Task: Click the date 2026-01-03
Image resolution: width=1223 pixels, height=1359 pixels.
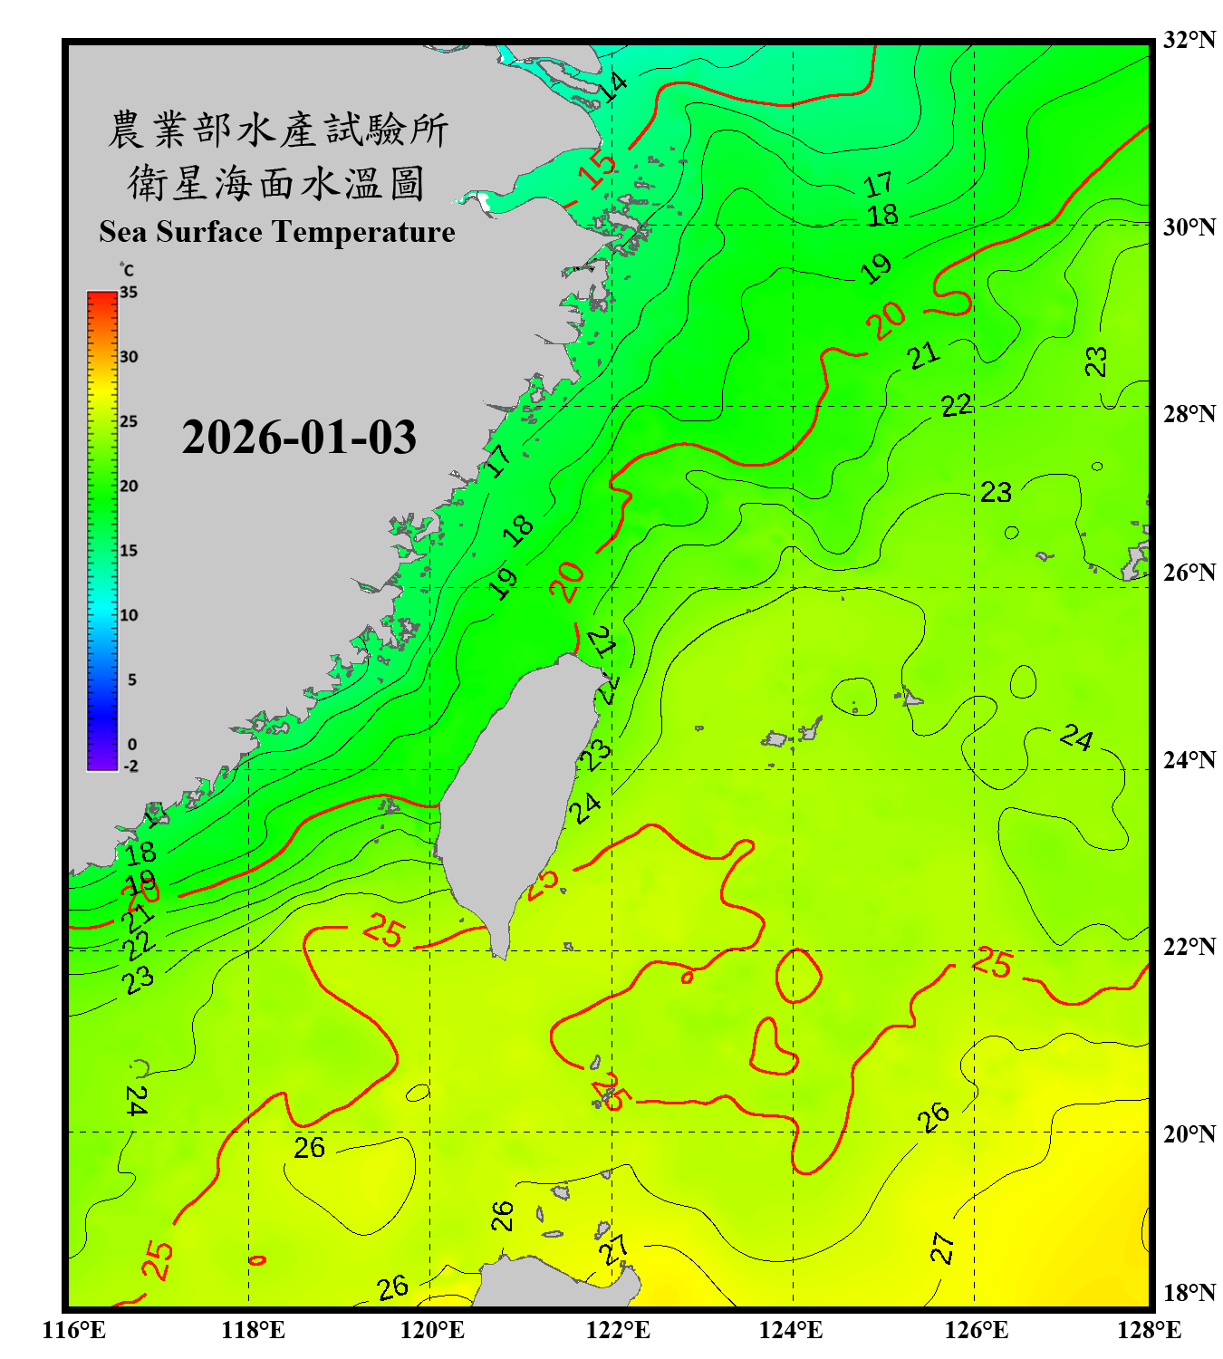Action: pyautogui.click(x=299, y=438)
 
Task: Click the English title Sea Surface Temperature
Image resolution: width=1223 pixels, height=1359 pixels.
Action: pyautogui.click(x=277, y=232)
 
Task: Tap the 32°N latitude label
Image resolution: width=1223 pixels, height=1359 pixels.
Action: pyautogui.click(x=1189, y=40)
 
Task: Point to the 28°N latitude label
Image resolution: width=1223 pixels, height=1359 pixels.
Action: pyautogui.click(x=1189, y=414)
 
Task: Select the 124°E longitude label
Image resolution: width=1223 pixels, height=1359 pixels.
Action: pyautogui.click(x=791, y=1330)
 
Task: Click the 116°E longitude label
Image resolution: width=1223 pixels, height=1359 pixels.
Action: pyautogui.click(x=74, y=1330)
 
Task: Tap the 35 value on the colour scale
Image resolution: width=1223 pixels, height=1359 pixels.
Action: pyautogui.click(x=129, y=293)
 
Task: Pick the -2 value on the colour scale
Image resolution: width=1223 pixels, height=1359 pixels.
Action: pyautogui.click(x=130, y=766)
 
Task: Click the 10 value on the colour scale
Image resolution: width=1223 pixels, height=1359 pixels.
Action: pyautogui.click(x=129, y=615)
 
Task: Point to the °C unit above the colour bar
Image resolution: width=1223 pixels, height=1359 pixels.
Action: pyautogui.click(x=127, y=270)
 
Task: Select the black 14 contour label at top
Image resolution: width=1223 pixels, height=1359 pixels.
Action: pyautogui.click(x=613, y=87)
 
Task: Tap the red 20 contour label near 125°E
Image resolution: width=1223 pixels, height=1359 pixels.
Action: pyautogui.click(x=885, y=319)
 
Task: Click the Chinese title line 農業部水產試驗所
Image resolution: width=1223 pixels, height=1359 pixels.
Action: pyautogui.click(x=277, y=130)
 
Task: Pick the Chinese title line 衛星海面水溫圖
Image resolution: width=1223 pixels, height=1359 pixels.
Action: pyautogui.click(x=276, y=183)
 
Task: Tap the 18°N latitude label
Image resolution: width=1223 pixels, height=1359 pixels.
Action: pyautogui.click(x=1189, y=1293)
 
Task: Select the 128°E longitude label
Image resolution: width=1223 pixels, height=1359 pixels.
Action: pyautogui.click(x=1149, y=1330)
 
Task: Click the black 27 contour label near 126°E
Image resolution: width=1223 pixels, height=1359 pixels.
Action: pyautogui.click(x=942, y=1248)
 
